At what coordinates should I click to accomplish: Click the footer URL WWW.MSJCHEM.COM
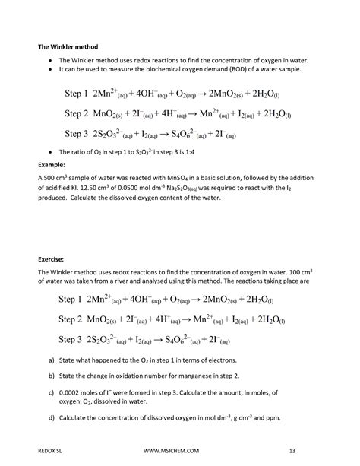[182, 450]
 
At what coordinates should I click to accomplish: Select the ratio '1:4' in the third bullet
[168, 152]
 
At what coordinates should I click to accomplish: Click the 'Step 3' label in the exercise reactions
[68, 338]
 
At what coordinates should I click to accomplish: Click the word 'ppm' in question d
[276, 417]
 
